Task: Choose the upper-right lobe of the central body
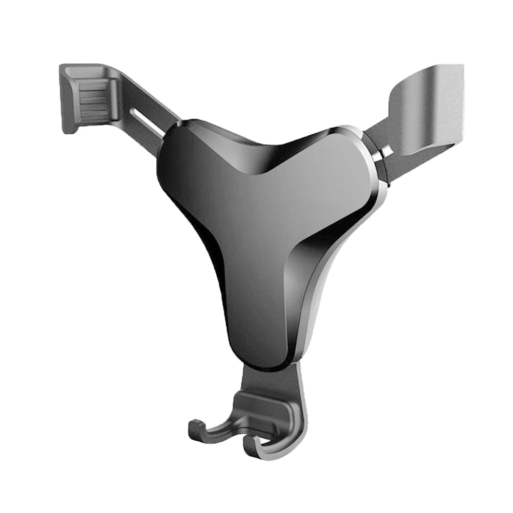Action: [343, 154]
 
